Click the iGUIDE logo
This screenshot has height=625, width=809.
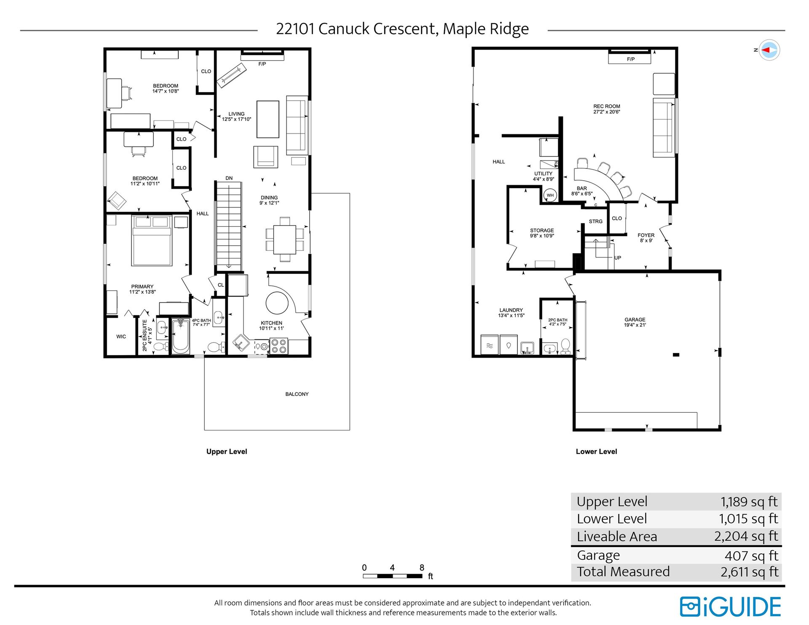click(x=730, y=607)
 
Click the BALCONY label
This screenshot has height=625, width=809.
click(x=297, y=394)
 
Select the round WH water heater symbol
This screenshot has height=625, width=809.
click(x=550, y=195)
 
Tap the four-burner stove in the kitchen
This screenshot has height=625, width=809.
click(x=279, y=346)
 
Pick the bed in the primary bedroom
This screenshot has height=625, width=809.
click(x=152, y=240)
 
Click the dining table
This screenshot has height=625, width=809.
click(x=285, y=240)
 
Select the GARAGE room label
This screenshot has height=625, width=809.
click(x=635, y=320)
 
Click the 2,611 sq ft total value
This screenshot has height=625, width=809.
click(x=749, y=572)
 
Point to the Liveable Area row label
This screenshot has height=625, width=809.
click(x=617, y=537)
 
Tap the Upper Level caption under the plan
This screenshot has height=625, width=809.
click(x=227, y=451)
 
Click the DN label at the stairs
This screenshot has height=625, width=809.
click(x=229, y=178)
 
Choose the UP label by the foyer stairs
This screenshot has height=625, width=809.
click(x=618, y=258)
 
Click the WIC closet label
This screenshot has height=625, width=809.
click(x=121, y=337)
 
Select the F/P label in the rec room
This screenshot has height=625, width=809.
click(x=631, y=59)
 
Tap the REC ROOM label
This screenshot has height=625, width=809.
click(x=607, y=107)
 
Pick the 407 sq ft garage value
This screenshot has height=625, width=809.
click(x=751, y=556)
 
